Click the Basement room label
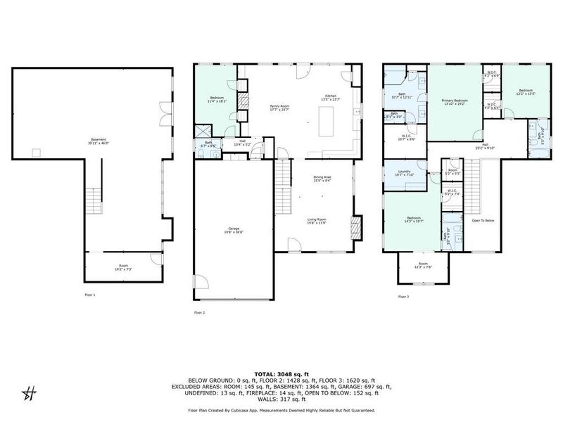pyautogui.click(x=98, y=141)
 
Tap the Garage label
pyautogui.click(x=232, y=230)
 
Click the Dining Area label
pyautogui.click(x=321, y=179)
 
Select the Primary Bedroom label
pyautogui.click(x=455, y=103)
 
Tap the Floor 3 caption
pyautogui.click(x=403, y=297)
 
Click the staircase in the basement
pyautogui.click(x=92, y=204)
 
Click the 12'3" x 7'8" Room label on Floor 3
pyautogui.click(x=422, y=267)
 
